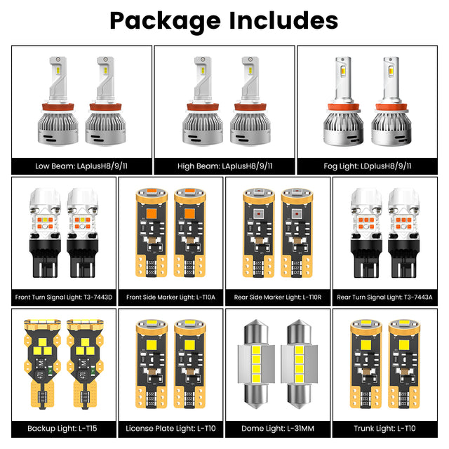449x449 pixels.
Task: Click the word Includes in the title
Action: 283,20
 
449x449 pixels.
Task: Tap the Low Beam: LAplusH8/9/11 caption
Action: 81,166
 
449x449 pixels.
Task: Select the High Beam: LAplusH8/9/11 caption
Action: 224,166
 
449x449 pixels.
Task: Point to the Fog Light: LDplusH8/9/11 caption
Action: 368,166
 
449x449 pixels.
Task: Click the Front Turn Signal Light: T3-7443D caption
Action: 64,297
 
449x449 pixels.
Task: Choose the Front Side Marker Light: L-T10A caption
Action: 170,297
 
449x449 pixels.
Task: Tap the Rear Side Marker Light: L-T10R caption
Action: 278,297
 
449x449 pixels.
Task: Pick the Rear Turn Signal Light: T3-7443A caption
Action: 384,297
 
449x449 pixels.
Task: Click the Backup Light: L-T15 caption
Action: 62,429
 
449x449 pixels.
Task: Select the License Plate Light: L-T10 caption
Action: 170,429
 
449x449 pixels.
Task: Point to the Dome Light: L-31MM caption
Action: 278,429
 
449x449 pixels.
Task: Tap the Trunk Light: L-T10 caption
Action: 384,429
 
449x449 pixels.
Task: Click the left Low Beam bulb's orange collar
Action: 58,107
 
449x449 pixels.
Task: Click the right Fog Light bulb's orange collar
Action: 391,107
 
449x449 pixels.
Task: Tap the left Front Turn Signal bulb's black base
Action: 45,258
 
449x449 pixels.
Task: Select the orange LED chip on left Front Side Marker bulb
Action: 152,213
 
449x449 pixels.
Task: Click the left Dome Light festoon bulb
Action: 256,364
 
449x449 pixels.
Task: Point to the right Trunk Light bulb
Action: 404,364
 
